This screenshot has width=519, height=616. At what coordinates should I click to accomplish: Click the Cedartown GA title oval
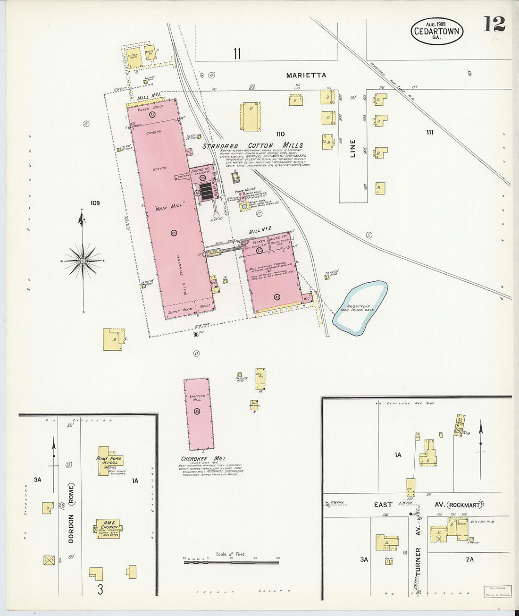tap(437, 31)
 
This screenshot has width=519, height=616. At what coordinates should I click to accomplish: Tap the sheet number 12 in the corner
tap(494, 24)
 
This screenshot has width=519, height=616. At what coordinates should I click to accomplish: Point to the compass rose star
tap(83, 261)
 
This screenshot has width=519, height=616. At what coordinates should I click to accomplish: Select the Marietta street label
tap(306, 75)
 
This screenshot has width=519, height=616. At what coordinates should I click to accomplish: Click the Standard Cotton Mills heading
tap(252, 146)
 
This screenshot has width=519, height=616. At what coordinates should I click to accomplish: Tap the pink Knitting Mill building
tap(198, 413)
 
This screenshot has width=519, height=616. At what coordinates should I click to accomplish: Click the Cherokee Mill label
tap(203, 458)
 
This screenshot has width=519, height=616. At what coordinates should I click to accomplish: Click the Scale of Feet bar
tap(231, 562)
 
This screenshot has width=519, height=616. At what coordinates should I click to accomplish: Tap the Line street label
tap(353, 148)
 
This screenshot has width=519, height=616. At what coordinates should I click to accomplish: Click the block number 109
tap(95, 203)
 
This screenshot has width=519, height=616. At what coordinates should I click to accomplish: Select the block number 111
tap(429, 133)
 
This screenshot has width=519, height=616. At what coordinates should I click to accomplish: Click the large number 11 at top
tap(236, 54)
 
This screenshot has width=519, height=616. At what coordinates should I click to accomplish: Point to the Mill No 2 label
tap(260, 229)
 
